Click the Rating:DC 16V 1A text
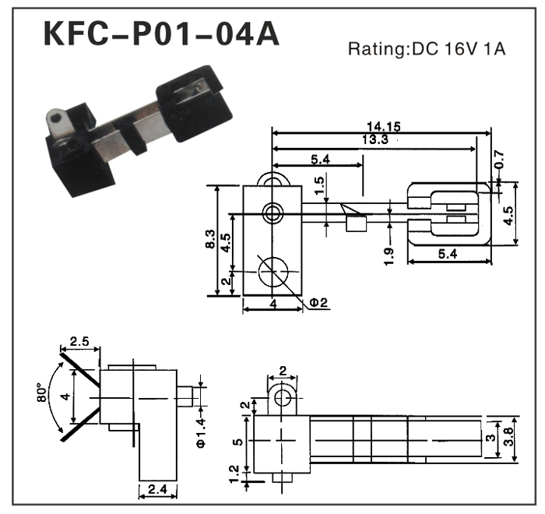[427, 50]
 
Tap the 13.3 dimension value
[374, 139]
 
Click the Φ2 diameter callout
[318, 301]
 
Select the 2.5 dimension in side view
[79, 341]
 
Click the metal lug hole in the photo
[53, 119]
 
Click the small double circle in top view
[273, 212]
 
